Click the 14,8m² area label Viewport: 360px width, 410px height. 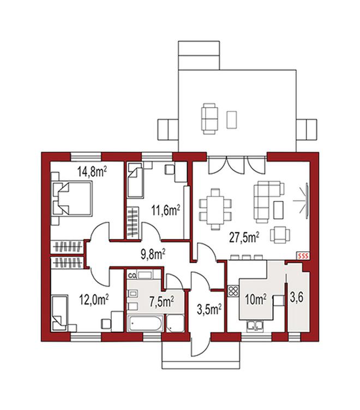pos(92,172)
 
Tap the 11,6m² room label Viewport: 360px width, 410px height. pos(166,210)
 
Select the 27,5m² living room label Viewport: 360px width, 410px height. pos(244,237)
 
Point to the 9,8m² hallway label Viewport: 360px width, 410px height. pos(153,254)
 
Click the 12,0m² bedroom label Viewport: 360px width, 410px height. pos(94,300)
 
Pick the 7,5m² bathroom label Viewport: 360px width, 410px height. pos(161,302)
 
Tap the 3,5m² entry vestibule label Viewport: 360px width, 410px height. pos(209,310)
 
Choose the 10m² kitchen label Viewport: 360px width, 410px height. pos(256,300)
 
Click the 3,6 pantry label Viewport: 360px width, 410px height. pos(297,298)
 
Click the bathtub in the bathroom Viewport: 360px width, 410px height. pos(145,323)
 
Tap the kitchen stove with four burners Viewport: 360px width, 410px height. pos(233,291)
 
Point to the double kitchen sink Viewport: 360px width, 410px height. pos(255,325)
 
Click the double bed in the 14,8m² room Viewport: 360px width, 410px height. pos(72,199)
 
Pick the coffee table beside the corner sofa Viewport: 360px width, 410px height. pos(278,210)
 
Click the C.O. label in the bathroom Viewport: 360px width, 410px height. pos(132,275)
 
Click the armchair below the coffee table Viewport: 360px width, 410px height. pos(280,235)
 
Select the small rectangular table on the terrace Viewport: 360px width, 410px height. pos(231,120)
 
